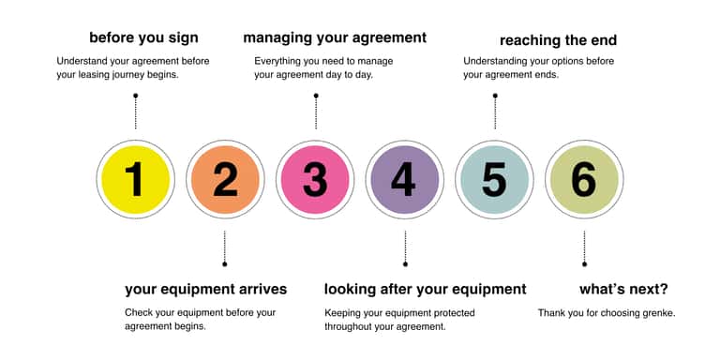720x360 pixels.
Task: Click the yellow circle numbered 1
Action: tap(135, 180)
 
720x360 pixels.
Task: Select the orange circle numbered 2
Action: tap(225, 180)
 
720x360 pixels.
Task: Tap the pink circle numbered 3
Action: tap(315, 180)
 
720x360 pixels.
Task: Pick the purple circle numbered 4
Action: tap(405, 180)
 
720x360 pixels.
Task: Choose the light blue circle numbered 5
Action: tap(495, 180)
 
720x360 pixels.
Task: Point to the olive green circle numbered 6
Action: tap(584, 180)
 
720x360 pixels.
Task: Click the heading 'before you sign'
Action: tap(143, 38)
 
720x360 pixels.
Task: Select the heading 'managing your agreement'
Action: tap(335, 38)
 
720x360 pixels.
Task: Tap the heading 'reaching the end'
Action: tap(558, 41)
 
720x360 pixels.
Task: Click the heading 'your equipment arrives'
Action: tap(205, 290)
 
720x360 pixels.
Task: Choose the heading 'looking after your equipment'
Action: tap(426, 290)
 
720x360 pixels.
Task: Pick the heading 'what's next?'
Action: tap(623, 290)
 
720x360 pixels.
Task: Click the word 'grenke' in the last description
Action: tap(659, 314)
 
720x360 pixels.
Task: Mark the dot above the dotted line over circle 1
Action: tap(135, 96)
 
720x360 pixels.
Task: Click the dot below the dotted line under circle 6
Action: tap(584, 264)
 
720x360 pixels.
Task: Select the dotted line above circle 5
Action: tap(495, 112)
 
